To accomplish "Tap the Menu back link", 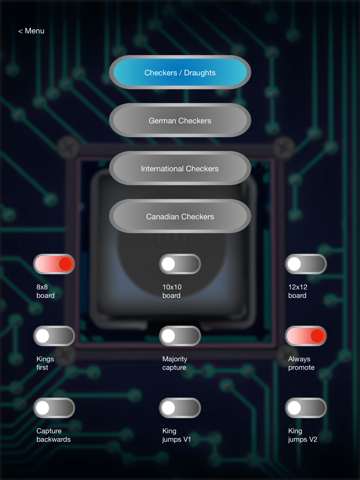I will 31,31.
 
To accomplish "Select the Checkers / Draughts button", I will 180,72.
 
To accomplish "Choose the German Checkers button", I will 180,120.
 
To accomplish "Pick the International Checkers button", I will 180,168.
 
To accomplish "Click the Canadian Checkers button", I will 180,216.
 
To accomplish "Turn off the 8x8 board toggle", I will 54,264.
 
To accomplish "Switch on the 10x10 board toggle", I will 180,264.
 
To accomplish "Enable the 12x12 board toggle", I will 306,264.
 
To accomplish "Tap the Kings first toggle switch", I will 54,336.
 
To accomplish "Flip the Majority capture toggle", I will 180,336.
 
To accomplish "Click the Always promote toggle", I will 306,336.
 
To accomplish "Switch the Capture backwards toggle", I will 54,408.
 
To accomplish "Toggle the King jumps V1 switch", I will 180,408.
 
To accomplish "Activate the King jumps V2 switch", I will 306,408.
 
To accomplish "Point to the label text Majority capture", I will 175,363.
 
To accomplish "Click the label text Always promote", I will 301,363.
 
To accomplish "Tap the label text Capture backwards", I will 53,435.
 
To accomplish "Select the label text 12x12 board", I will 297,291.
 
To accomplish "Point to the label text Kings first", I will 45,363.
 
